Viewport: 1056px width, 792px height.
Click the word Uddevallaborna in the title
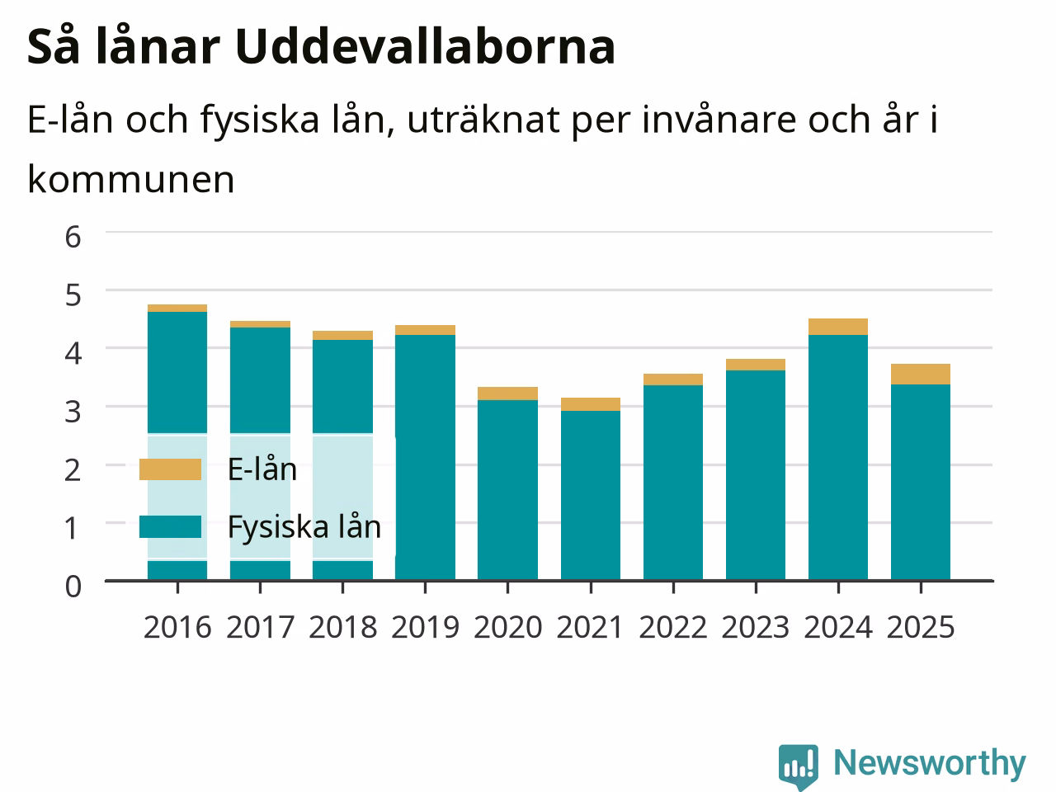point(425,47)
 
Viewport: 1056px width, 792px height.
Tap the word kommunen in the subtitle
point(131,179)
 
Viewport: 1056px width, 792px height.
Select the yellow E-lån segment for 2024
point(838,327)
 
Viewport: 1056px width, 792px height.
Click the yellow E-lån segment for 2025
point(921,374)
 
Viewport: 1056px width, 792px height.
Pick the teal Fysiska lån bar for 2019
point(425,457)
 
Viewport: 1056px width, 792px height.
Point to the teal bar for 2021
point(591,495)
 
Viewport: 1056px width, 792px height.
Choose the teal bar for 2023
point(756,475)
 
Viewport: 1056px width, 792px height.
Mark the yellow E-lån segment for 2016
point(177,309)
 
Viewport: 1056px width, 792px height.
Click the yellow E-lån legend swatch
point(170,469)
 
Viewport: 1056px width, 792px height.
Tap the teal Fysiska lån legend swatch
point(170,526)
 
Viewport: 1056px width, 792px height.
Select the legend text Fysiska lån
point(304,527)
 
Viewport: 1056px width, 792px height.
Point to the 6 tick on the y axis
point(73,237)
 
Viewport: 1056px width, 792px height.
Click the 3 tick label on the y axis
point(73,412)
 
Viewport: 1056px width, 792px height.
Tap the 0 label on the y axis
point(73,587)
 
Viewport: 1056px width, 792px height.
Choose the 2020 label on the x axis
point(508,628)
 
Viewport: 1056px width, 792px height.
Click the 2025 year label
point(921,628)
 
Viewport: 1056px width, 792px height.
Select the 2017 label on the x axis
point(260,628)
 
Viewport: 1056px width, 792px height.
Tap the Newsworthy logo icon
point(798,766)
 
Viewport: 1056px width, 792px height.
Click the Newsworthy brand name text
point(930,762)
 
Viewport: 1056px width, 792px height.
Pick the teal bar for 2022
point(673,483)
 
